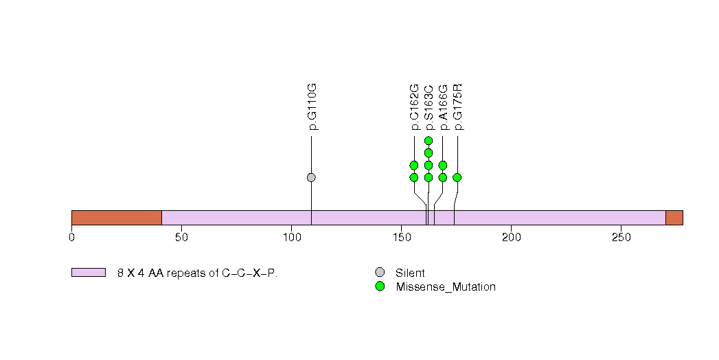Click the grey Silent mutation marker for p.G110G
311,177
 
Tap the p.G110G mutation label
312,107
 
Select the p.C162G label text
414,107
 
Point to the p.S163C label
429,107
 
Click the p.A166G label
443,107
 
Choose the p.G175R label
458,107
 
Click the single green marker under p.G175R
457,177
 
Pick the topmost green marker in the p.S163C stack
429,141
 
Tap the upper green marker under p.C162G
414,165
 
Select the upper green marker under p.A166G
443,165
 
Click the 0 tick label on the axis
71,238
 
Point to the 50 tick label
181,238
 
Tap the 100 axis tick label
291,238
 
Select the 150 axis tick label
401,238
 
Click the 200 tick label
511,238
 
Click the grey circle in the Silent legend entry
380,273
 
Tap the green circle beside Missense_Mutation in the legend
380,286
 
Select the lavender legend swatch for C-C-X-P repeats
89,273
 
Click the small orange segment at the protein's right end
674,218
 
